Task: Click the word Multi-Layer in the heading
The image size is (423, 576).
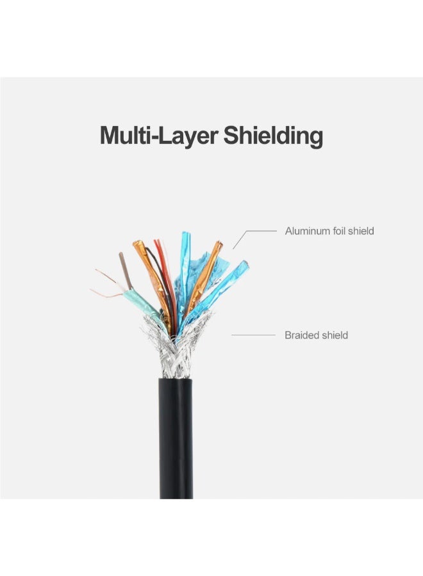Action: coord(159,136)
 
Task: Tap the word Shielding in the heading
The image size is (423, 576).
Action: coord(273,136)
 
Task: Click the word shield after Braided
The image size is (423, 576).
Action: coord(335,335)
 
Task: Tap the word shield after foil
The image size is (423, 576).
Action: coord(361,230)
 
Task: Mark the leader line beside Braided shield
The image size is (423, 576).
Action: coord(253,335)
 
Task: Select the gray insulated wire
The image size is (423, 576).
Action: coord(126,270)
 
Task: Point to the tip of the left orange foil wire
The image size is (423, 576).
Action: coord(137,243)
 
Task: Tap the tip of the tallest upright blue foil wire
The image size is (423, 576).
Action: coord(186,233)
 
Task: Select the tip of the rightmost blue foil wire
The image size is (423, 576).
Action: coord(245,263)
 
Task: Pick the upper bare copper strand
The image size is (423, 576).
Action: coord(106,276)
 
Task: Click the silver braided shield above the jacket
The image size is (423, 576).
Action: coord(176,349)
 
